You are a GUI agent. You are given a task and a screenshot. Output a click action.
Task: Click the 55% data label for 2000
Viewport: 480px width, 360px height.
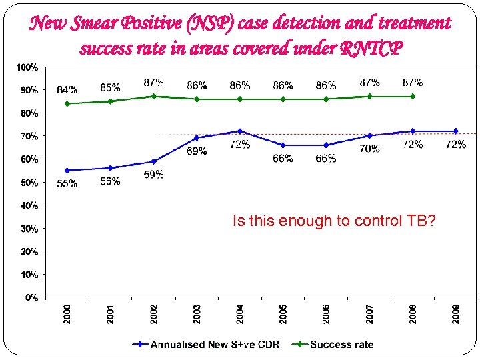[67, 184]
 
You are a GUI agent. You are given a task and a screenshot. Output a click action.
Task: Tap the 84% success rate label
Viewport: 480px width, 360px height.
[67, 89]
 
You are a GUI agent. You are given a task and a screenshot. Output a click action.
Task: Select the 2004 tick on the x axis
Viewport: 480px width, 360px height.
[240, 313]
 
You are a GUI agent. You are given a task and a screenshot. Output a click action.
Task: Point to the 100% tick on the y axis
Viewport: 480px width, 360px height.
[27, 67]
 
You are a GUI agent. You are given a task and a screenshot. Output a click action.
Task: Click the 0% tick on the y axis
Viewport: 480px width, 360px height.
[31, 297]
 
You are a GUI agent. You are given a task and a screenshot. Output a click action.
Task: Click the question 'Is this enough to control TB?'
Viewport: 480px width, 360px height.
[334, 221]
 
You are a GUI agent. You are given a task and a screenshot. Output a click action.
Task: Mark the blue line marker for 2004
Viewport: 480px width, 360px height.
[240, 131]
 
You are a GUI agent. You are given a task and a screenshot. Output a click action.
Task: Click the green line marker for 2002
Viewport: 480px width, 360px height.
[154, 96]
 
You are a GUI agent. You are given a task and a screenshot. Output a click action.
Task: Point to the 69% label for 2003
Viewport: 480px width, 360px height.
[197, 151]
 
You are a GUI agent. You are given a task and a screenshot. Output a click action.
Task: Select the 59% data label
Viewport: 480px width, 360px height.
[154, 175]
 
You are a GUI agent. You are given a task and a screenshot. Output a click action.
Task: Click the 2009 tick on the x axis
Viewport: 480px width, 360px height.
[456, 313]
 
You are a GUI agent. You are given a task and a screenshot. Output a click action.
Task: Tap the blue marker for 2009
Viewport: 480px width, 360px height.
[456, 131]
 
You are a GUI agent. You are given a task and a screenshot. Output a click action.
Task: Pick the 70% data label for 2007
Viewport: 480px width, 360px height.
[370, 149]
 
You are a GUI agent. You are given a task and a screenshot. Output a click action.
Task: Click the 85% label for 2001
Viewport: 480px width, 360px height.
[111, 87]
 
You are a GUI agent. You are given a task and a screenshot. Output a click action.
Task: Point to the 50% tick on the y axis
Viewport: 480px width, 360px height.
[29, 182]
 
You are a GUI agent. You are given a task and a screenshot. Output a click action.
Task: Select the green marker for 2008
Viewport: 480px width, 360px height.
[413, 96]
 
